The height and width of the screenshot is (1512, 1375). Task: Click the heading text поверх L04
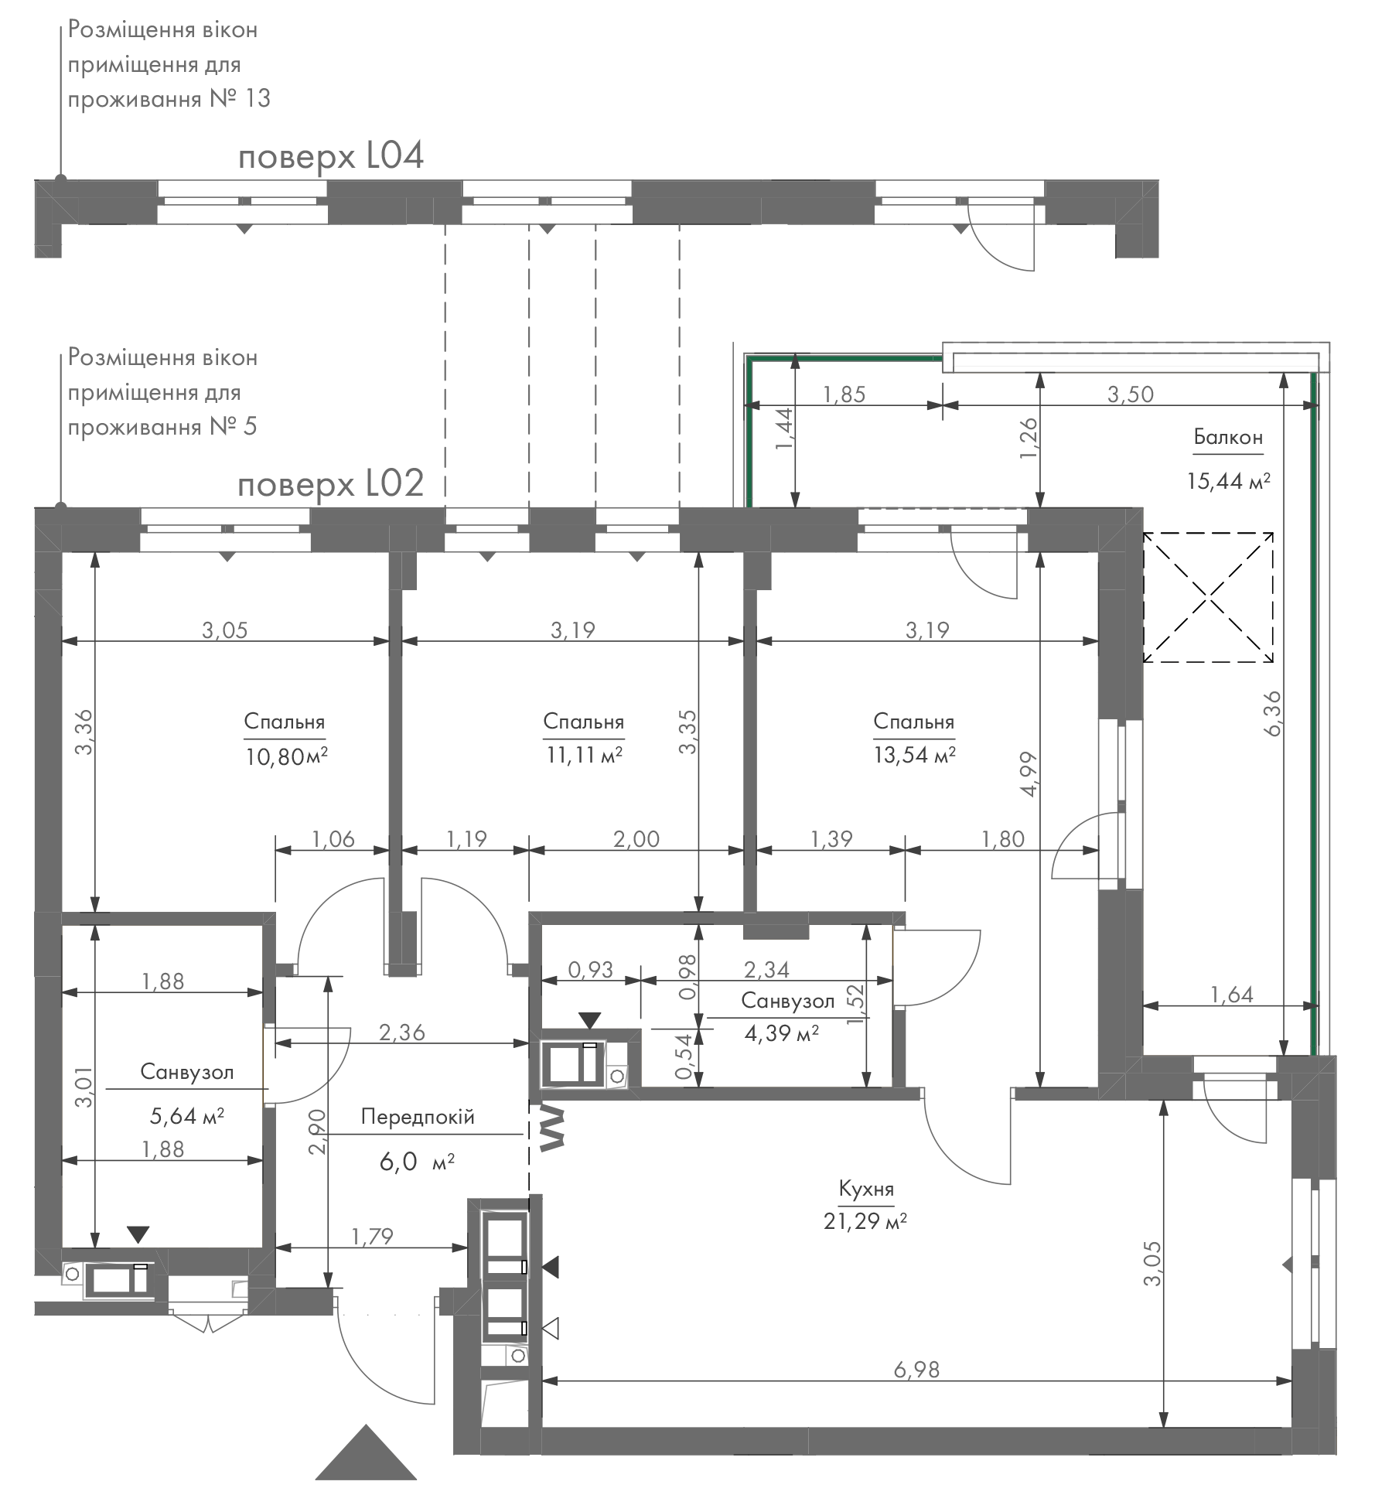tap(331, 157)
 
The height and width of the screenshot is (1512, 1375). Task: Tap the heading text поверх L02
tap(331, 485)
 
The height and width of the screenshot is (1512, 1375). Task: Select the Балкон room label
tap(1228, 437)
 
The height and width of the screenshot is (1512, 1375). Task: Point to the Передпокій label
tap(418, 1117)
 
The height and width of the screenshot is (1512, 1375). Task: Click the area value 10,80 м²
tap(287, 756)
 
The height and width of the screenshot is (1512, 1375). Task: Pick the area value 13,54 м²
tap(914, 754)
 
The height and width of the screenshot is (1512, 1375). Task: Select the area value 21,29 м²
tap(865, 1221)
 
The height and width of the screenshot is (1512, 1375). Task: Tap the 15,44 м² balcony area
tap(1229, 482)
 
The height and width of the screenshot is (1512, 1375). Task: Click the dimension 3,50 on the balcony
tap(1130, 394)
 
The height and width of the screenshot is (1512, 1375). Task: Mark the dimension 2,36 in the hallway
tap(402, 1032)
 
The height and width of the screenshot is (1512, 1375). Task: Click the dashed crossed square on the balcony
tap(1209, 597)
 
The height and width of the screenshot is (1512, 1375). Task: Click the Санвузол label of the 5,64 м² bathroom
tap(187, 1071)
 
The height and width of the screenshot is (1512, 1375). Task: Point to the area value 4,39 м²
tap(782, 1033)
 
